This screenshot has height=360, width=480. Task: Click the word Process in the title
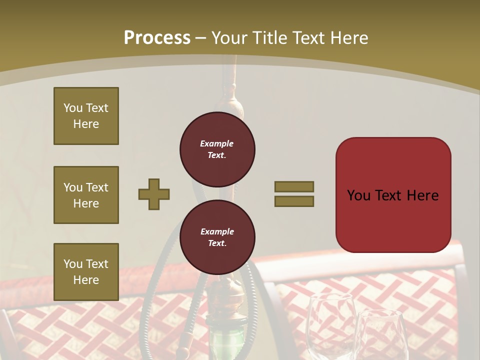click(x=157, y=38)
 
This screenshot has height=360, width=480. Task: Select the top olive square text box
click(x=86, y=116)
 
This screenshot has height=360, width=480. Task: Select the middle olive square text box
click(x=86, y=195)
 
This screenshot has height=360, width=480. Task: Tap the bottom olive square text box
click(x=86, y=272)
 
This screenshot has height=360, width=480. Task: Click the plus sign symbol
click(x=154, y=194)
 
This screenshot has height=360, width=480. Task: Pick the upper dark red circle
click(x=217, y=149)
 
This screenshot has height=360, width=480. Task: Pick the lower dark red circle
click(x=217, y=237)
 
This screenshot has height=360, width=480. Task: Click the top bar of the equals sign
click(x=294, y=186)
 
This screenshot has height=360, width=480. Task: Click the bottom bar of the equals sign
click(x=294, y=201)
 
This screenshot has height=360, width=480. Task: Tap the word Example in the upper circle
click(x=217, y=143)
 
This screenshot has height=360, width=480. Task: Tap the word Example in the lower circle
click(x=217, y=231)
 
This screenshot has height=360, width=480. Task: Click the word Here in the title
click(x=350, y=38)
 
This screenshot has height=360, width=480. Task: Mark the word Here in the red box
click(x=422, y=195)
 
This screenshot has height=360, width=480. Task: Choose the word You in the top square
click(x=73, y=108)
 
